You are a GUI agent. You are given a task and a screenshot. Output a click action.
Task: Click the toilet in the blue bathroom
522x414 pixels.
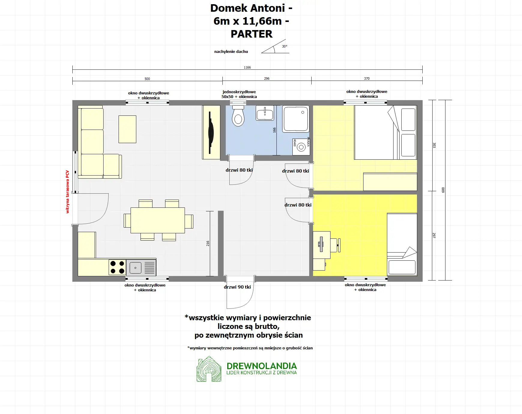click(x=238, y=117)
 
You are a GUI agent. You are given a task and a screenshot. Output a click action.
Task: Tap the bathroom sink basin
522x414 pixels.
click(x=265, y=113)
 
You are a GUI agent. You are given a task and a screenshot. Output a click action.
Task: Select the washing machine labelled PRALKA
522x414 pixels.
click(x=301, y=147)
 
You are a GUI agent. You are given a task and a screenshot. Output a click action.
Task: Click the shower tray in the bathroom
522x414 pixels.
click(x=296, y=119)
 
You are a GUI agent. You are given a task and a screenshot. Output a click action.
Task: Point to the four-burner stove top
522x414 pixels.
click(x=117, y=267)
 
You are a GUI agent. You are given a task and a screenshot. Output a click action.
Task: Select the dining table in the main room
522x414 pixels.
click(x=158, y=220)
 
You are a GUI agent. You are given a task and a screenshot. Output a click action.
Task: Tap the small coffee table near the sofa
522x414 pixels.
click(x=127, y=129)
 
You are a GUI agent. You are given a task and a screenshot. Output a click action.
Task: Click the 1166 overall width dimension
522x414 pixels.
click(x=247, y=67)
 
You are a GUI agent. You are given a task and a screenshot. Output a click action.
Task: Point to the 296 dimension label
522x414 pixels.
click(x=267, y=78)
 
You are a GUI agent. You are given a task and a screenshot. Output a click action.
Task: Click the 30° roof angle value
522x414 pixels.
click(x=285, y=46)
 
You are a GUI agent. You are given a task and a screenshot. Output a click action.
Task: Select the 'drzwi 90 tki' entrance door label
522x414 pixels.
click(x=237, y=287)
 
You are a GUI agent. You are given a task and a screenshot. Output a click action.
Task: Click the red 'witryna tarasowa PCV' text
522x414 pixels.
click(x=68, y=192)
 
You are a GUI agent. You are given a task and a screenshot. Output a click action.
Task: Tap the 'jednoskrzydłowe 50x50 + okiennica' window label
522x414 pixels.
click(x=239, y=94)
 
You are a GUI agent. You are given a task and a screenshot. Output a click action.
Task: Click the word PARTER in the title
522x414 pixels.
click(x=252, y=34)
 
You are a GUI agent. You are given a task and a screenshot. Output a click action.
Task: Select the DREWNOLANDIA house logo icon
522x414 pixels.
click(x=209, y=370)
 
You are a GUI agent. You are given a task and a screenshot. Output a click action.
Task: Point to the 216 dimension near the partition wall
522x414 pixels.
click(x=208, y=243)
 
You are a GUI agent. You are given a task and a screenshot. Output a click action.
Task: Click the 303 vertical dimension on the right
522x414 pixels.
click(x=434, y=145)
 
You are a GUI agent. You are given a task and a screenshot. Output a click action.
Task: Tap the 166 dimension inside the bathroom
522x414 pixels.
click(x=274, y=130)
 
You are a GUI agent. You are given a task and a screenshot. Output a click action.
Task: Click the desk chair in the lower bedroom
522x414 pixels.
click(x=335, y=245)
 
